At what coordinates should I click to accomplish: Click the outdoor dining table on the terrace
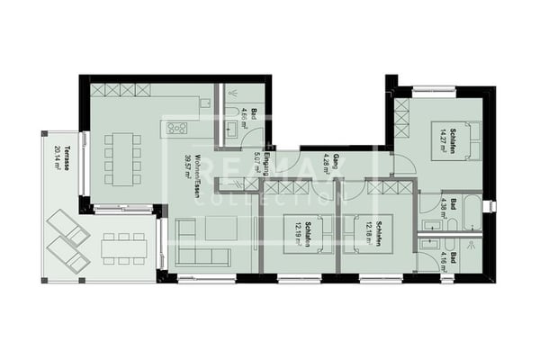pyautogui.click(x=122, y=247)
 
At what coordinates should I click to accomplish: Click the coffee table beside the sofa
pyautogui.click(x=220, y=229)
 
